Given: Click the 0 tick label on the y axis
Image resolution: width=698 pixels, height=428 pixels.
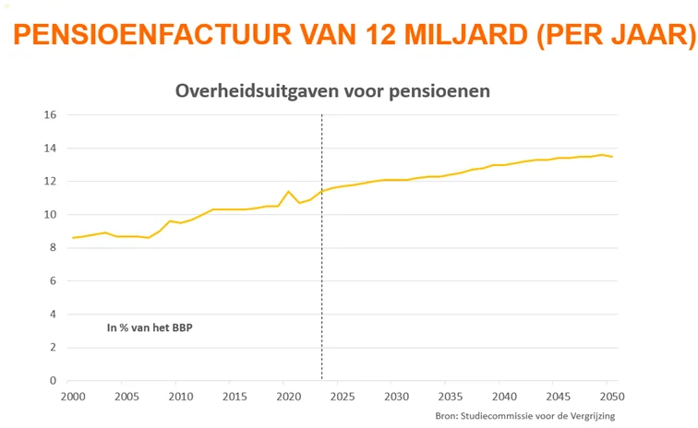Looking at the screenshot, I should pyautogui.click(x=54, y=381).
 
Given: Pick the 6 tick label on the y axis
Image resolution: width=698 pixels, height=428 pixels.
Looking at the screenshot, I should pyautogui.click(x=54, y=281).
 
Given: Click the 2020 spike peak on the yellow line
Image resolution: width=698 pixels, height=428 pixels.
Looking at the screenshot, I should pyautogui.click(x=289, y=192).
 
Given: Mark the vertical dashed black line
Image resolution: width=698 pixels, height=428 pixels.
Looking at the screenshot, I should pyautogui.click(x=321, y=277).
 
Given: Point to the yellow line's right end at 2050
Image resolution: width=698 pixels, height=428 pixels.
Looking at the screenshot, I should pyautogui.click(x=611, y=157).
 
